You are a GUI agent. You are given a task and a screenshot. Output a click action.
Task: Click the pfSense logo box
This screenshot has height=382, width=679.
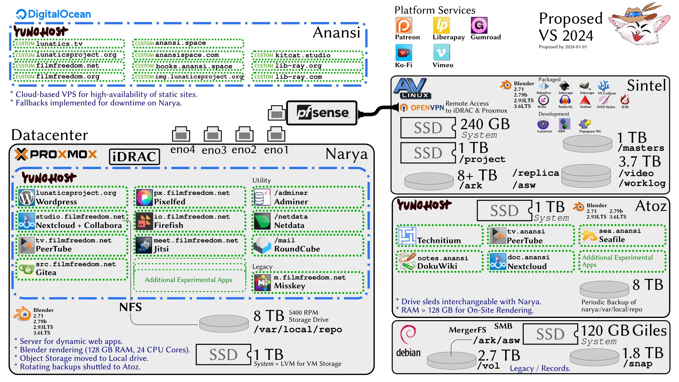pyautogui.click(x=321, y=113)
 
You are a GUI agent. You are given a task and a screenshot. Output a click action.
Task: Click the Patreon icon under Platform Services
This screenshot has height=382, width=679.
pyautogui.click(x=404, y=25)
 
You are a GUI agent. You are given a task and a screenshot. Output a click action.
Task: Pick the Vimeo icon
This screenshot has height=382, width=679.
pyautogui.click(x=441, y=53)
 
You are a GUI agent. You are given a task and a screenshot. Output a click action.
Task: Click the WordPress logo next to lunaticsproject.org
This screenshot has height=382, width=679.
pyautogui.click(x=27, y=198)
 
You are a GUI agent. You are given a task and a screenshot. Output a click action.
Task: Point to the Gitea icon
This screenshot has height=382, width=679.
pyautogui.click(x=27, y=269)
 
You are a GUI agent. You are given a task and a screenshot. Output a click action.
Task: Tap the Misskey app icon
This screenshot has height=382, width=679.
pyautogui.click(x=263, y=283)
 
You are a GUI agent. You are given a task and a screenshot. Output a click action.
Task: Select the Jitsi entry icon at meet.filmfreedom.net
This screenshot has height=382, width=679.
pyautogui.click(x=144, y=245)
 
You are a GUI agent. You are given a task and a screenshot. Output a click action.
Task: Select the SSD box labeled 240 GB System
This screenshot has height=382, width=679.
pyautogui.click(x=428, y=128)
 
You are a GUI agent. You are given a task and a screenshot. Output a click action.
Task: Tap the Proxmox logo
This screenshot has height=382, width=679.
pyautogui.click(x=56, y=154)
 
